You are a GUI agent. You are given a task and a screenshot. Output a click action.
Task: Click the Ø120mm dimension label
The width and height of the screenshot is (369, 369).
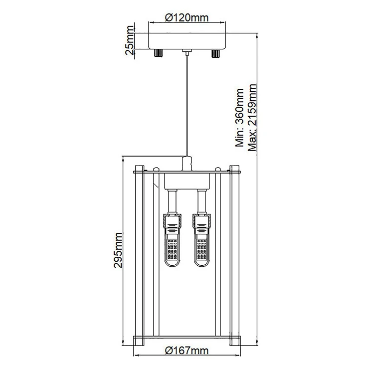tap(186, 17)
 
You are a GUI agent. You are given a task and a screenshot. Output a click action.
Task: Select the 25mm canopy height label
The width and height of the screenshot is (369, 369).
tap(130, 40)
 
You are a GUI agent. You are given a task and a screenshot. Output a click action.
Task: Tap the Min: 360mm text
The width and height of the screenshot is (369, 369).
tap(240, 117)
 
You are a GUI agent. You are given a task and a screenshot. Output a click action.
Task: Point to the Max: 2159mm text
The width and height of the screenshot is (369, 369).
tap(252, 117)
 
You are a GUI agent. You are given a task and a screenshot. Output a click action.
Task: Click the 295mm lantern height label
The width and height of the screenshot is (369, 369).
tap(118, 250)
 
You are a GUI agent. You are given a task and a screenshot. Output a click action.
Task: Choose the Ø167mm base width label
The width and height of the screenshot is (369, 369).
tap(186, 351)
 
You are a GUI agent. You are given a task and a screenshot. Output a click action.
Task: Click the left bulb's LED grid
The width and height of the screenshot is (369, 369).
tap(173, 249)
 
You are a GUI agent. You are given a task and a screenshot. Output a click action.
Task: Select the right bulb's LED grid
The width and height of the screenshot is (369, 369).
tap(201, 249)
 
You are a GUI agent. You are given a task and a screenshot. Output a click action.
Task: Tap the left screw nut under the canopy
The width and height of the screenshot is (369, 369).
tap(158, 53)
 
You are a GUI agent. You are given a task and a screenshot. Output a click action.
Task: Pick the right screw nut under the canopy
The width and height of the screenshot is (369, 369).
tap(215, 53)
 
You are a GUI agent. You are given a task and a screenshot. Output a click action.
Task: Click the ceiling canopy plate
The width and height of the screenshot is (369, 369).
tap(187, 41)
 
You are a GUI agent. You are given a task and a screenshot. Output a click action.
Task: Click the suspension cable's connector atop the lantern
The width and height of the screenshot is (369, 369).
tap(187, 164)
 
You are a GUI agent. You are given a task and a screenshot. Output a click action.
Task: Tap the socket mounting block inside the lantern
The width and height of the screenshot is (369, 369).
tap(187, 181)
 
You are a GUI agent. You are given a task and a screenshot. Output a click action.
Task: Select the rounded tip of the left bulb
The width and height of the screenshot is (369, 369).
tap(173, 264)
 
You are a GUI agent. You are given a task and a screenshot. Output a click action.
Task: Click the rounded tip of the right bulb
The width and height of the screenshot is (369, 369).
tap(201, 264)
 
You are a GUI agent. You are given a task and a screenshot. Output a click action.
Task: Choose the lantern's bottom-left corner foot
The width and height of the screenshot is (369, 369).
tap(139, 341)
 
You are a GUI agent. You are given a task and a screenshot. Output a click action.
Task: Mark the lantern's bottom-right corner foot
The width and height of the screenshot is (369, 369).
tap(235, 341)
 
